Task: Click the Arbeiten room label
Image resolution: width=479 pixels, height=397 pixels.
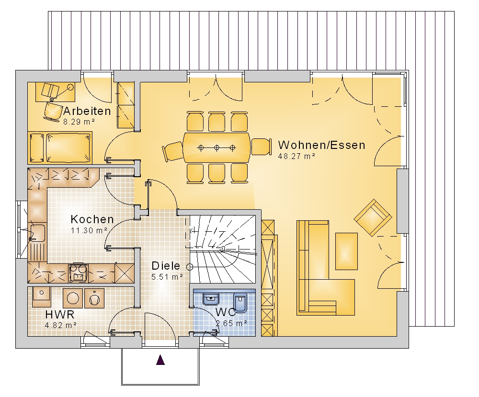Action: [87, 111]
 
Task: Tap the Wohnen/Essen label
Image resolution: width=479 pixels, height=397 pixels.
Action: [322, 145]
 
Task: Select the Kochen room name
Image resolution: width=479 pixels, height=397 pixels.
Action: [92, 219]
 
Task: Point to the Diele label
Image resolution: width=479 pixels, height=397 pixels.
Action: [166, 266]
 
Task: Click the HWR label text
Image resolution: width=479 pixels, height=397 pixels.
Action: [60, 314]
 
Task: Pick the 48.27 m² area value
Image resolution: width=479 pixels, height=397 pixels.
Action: [297, 156]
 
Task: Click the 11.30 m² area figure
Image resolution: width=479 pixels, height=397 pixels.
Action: [89, 230]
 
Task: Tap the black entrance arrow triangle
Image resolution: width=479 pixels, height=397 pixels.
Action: [160, 360]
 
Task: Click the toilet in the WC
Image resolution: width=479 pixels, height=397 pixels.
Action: [240, 302]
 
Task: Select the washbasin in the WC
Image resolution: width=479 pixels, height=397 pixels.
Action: [211, 299]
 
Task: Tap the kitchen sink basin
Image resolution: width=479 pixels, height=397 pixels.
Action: [38, 233]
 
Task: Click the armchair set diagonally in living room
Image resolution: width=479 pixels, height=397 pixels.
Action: [373, 218]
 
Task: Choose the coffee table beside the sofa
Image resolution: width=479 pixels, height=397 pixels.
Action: [346, 251]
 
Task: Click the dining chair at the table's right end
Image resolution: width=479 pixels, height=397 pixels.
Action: [261, 147]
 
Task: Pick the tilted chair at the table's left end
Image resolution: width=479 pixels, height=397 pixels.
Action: [172, 151]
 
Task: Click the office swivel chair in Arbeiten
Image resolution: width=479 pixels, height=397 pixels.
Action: [53, 111]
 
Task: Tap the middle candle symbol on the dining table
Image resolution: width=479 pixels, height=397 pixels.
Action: [217, 148]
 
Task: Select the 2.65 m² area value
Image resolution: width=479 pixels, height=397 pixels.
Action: [231, 323]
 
